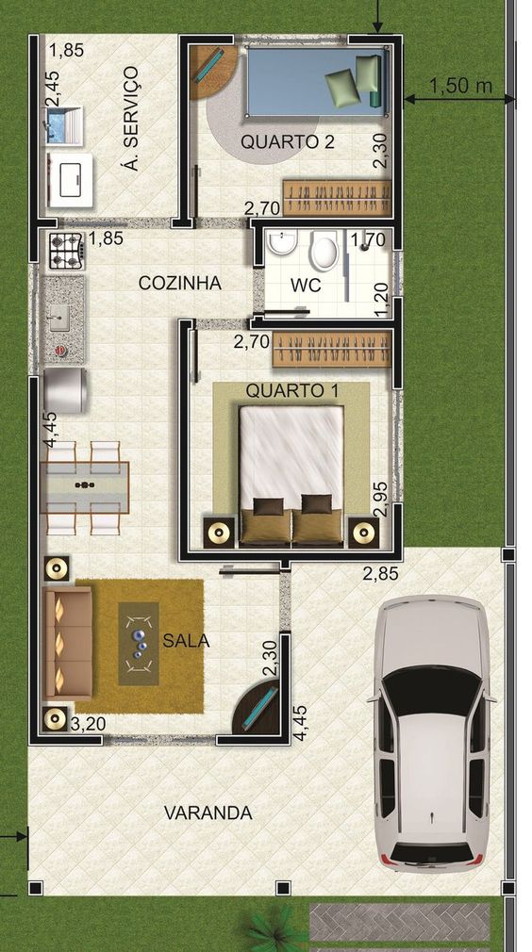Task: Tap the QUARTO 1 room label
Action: [293, 390]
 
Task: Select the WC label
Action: [305, 283]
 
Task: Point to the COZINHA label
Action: [179, 283]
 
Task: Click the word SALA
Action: [186, 641]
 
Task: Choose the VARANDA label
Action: [208, 812]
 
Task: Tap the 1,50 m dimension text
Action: [461, 86]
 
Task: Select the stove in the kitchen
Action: [65, 250]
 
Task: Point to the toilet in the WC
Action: [324, 252]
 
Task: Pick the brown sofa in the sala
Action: [68, 642]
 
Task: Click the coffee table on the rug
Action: [139, 643]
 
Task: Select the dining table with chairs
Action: [85, 487]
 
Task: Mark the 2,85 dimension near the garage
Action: [381, 572]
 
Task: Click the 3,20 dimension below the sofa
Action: [87, 724]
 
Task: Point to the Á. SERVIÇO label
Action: [130, 118]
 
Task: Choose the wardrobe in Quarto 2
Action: [337, 198]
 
